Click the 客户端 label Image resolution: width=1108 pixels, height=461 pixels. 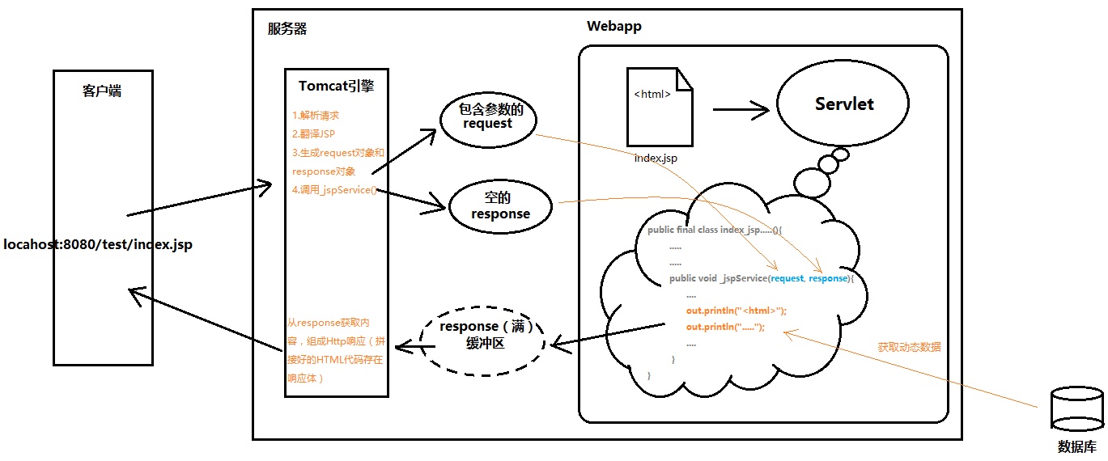(x=102, y=91)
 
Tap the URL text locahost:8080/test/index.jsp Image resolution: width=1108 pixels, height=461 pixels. (x=98, y=243)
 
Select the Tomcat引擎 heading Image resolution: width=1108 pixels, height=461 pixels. (x=336, y=86)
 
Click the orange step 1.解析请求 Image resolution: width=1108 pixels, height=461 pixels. (x=316, y=116)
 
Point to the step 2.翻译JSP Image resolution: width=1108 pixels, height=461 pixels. (x=314, y=134)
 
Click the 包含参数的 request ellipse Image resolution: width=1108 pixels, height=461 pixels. (x=487, y=118)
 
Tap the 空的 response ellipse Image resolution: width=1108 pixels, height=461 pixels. (x=500, y=207)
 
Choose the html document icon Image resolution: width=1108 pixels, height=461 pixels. (x=660, y=106)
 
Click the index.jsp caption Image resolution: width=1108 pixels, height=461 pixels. (x=656, y=159)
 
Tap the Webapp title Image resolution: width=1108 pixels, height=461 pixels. (x=614, y=27)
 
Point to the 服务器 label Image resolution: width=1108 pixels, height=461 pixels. (x=287, y=29)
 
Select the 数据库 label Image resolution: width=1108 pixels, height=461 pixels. (x=1077, y=447)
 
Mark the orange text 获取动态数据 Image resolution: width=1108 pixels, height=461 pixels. (x=910, y=347)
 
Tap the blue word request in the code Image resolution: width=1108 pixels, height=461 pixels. (x=787, y=278)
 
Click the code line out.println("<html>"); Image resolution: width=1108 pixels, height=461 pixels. (x=736, y=311)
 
